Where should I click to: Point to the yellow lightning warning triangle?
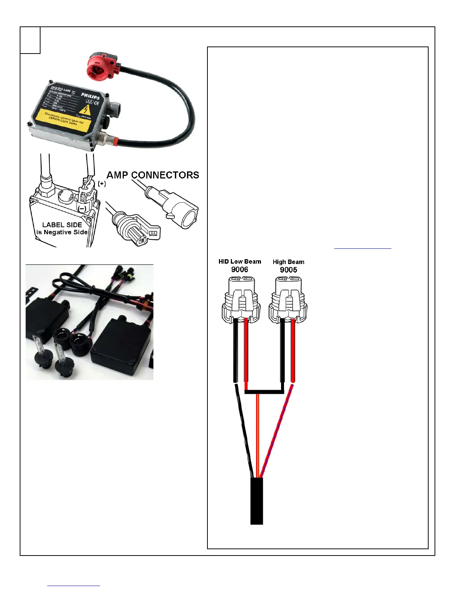coord(86,110)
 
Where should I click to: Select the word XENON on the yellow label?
coord(55,119)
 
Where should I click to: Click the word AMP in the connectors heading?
coord(117,175)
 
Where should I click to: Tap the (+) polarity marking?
coord(102,184)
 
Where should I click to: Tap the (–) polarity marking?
coord(82,209)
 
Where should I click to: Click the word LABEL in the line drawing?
coord(51,225)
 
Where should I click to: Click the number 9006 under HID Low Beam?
coord(240,270)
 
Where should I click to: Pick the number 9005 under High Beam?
coord(288,270)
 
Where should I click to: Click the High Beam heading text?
coord(288,262)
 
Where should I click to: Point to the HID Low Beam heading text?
coord(240,262)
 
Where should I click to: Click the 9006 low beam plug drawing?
coord(240,301)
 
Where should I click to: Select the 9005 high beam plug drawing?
coord(288,301)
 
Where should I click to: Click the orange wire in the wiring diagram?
coord(258,435)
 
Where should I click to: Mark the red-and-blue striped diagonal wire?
coord(277,431)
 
